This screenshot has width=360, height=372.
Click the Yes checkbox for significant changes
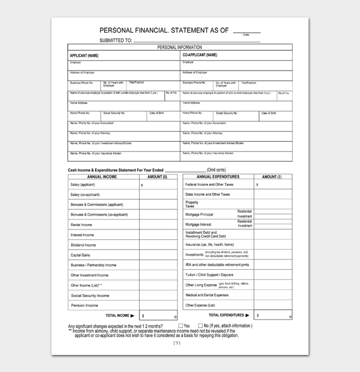(181, 326)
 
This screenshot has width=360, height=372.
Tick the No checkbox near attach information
(201, 326)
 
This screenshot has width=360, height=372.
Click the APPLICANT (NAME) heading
(84, 55)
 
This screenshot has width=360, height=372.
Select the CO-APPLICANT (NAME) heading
(200, 55)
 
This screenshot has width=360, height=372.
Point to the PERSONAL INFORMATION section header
(179, 47)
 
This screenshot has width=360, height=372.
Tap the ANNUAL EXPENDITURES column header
(218, 177)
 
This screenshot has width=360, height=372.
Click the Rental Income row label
(81, 225)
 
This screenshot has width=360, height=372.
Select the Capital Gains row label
(81, 255)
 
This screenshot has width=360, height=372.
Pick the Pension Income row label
(84, 305)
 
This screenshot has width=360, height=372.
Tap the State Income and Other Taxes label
(208, 195)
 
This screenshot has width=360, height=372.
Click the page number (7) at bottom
(177, 343)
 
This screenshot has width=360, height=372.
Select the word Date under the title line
(246, 35)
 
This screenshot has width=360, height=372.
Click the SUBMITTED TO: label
(116, 40)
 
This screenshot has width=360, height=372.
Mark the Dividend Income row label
(83, 245)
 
